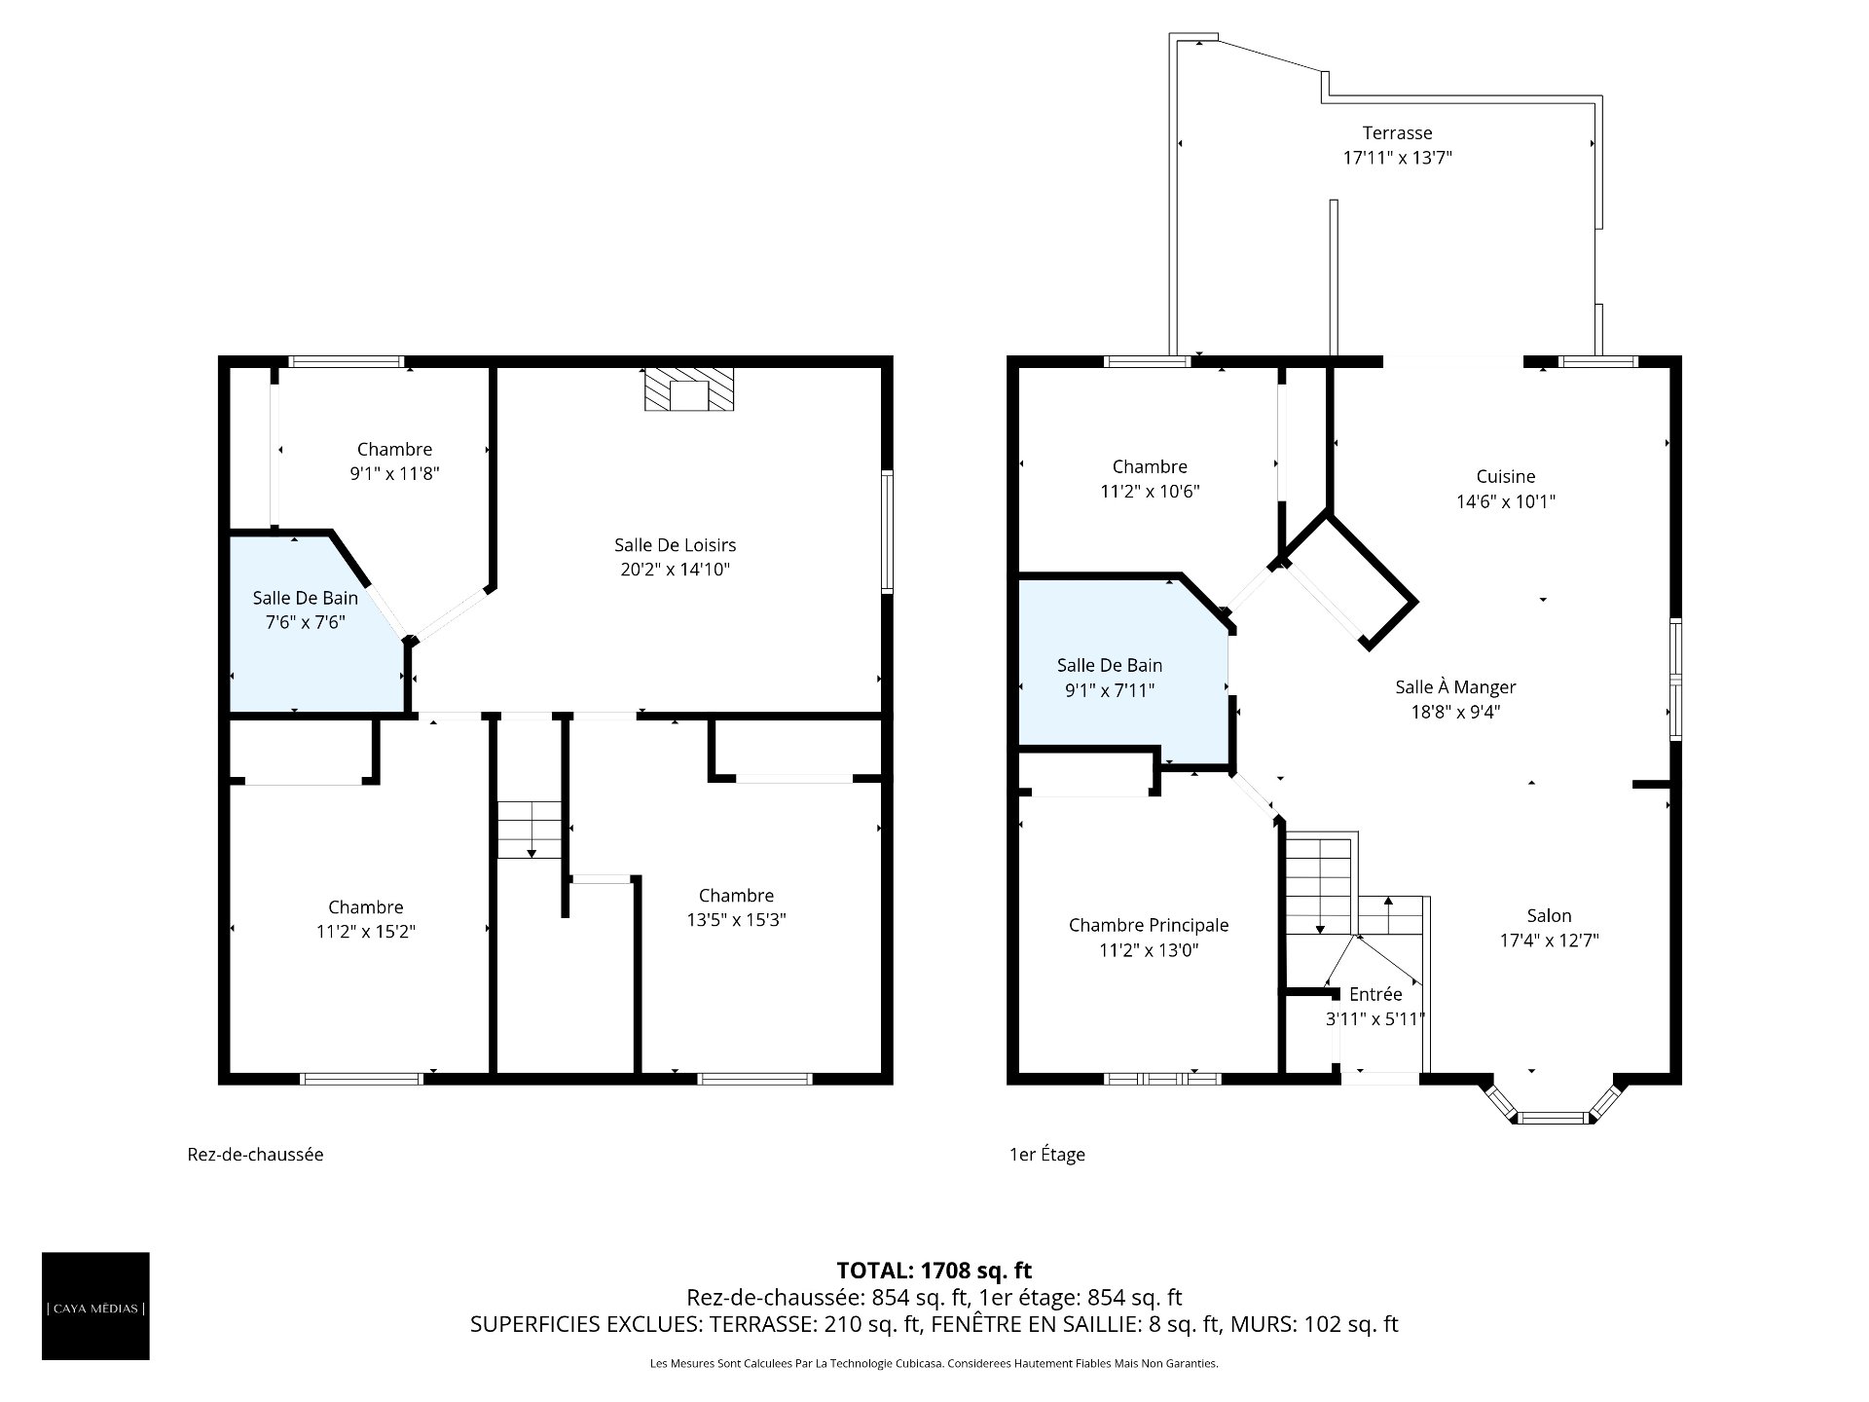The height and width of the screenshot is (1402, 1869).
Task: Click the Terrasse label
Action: [x=1397, y=132]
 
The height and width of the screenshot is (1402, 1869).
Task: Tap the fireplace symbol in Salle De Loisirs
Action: [x=689, y=389]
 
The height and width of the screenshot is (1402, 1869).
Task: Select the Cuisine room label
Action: [x=1506, y=476]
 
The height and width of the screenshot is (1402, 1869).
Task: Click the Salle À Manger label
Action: [x=1455, y=687]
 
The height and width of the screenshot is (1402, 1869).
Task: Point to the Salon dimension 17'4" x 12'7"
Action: [x=1550, y=941]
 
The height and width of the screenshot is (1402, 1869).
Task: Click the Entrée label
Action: [x=1375, y=994]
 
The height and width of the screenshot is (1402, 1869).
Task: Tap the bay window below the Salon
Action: [x=1554, y=1100]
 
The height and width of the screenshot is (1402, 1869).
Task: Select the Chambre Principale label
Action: [x=1149, y=925]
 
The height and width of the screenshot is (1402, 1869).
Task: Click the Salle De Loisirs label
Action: [x=676, y=544]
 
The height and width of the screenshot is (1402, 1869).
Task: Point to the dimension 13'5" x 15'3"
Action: [x=736, y=920]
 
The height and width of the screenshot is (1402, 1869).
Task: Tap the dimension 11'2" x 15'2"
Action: [x=366, y=932]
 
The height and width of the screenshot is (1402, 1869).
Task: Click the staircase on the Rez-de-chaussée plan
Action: [x=531, y=830]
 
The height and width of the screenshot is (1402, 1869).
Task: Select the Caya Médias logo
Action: [x=95, y=1306]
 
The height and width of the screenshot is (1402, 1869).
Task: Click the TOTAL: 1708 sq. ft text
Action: [x=934, y=1271]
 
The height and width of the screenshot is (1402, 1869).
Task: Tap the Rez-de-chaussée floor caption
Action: [x=255, y=1155]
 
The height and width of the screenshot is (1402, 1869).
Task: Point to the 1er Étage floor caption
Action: [x=1046, y=1155]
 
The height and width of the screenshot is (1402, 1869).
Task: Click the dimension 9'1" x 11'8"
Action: [x=395, y=474]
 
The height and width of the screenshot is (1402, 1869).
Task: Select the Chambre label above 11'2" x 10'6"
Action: [x=1150, y=466]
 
